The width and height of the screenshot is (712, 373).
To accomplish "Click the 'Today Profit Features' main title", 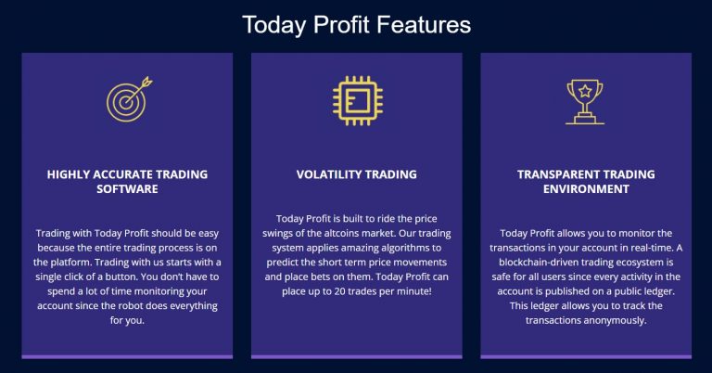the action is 356,24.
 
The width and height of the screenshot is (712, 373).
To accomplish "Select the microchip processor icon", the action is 357,100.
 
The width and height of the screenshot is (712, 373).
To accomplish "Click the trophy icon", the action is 585,102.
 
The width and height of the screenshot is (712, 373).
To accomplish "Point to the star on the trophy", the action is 585,91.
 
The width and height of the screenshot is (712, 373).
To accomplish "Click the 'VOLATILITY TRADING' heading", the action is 356,174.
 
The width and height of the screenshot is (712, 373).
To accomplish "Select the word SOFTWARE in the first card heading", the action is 127,189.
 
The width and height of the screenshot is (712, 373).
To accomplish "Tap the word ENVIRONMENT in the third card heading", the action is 586,189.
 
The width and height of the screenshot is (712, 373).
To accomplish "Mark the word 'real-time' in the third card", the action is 651,248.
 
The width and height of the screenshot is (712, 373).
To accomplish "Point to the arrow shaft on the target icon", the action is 136,91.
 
